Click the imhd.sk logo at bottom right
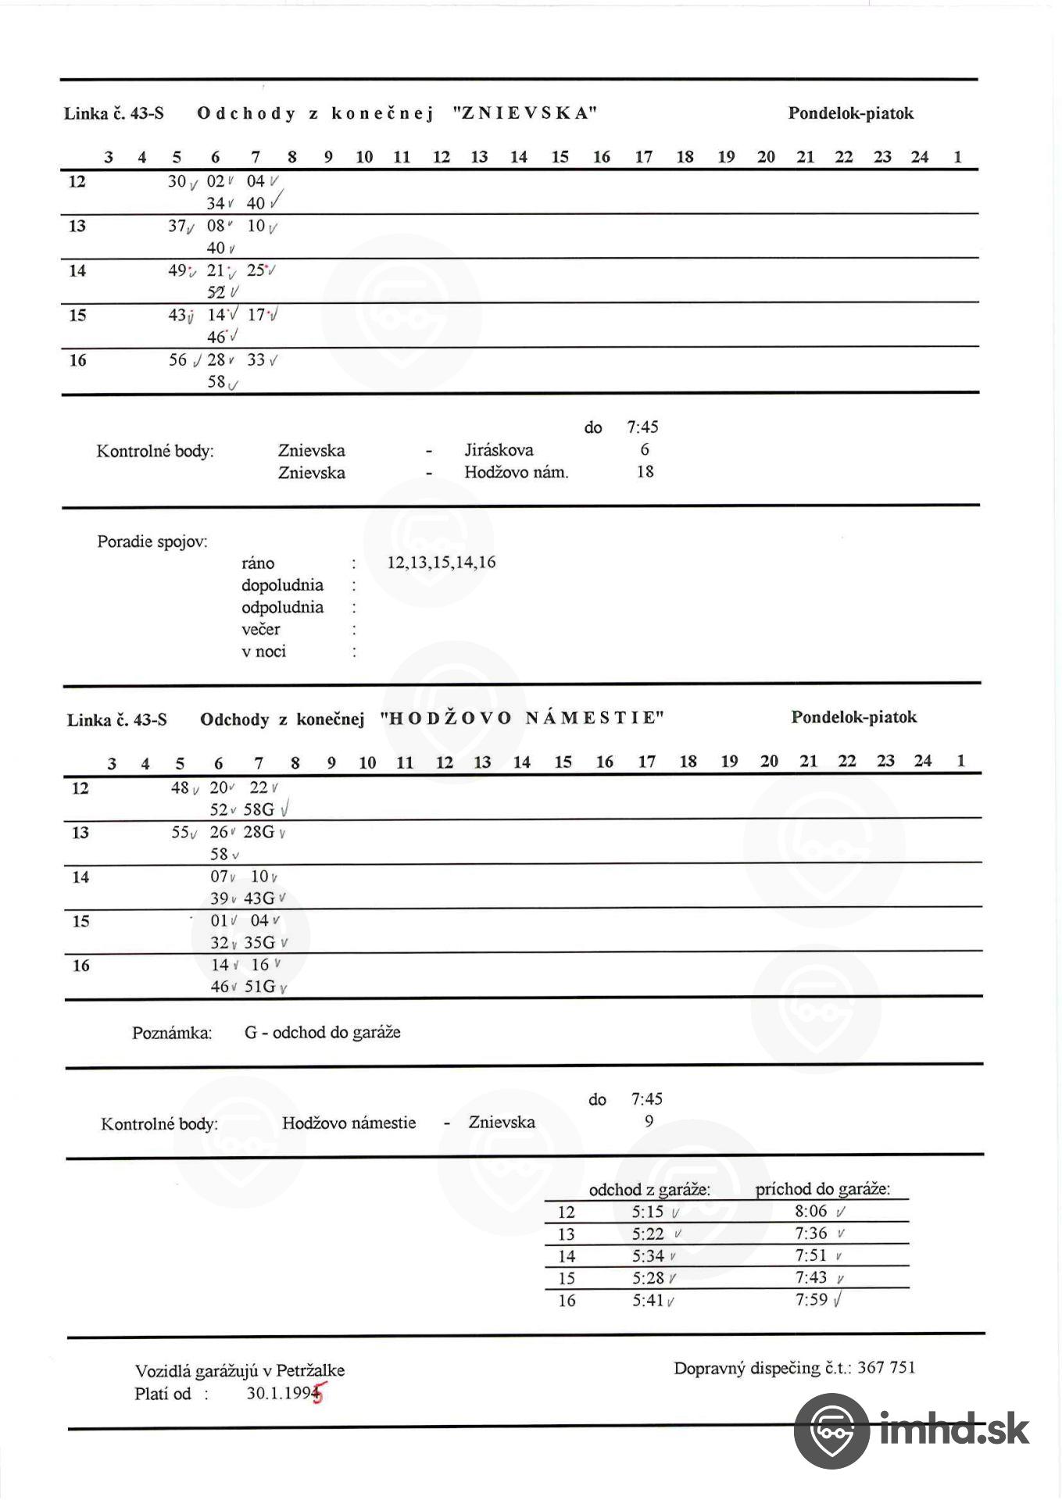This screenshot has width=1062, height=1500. coord(911,1430)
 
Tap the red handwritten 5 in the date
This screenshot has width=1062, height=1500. coord(318,1395)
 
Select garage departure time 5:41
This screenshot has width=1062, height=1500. coord(648,1300)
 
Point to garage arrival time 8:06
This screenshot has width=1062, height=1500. coord(810,1211)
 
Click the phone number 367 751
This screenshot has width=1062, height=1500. coord(886,1367)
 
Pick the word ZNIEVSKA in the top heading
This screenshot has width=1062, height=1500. coord(525,112)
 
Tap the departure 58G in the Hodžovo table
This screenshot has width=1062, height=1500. coord(259,809)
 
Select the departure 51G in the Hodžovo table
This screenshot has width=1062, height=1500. coord(260,987)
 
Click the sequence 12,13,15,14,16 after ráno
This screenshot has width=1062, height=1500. coord(442,562)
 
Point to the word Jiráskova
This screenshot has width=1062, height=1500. coord(499,450)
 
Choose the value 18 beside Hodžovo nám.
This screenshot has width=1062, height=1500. coord(645,472)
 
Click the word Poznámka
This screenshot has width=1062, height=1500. coord(172,1033)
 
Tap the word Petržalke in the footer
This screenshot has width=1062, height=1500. coord(310,1370)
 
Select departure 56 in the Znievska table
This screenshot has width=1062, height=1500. coord(178,360)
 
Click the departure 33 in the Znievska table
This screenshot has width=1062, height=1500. coord(256,360)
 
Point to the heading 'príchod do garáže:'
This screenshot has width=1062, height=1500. coord(822,1189)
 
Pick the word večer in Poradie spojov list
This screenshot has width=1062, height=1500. coord(260,630)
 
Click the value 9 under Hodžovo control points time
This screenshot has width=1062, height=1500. coord(649,1122)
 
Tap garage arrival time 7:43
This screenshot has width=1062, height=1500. coord(810,1277)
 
